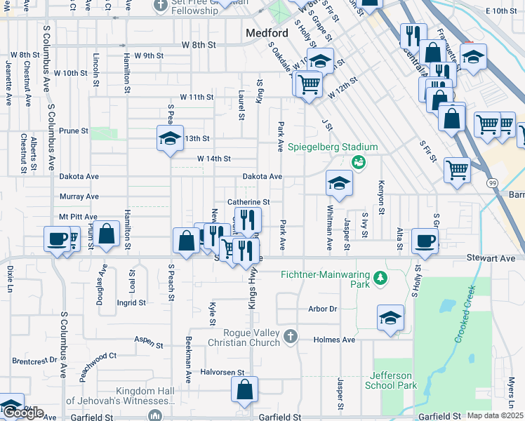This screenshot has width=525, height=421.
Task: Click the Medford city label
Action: tap(267, 33)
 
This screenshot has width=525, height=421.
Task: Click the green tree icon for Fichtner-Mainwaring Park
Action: tap(380, 279)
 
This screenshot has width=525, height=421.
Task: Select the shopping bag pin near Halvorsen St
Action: tap(244, 391)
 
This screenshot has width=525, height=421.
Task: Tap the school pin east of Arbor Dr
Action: tap(390, 318)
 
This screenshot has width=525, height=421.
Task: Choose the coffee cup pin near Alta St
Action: tap(424, 241)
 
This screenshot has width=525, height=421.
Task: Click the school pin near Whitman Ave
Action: tap(339, 183)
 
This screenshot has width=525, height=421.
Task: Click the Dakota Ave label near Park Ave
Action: tap(262, 177)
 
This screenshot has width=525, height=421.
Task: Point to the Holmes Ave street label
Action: tap(340, 340)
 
